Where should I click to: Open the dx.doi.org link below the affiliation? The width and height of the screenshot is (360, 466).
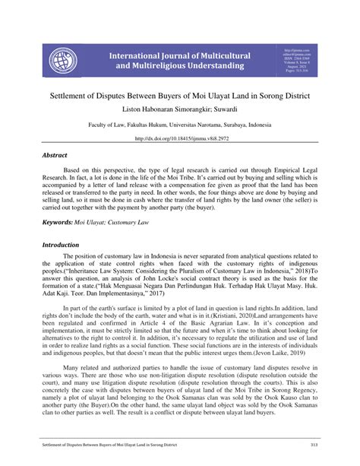point(180,139)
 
